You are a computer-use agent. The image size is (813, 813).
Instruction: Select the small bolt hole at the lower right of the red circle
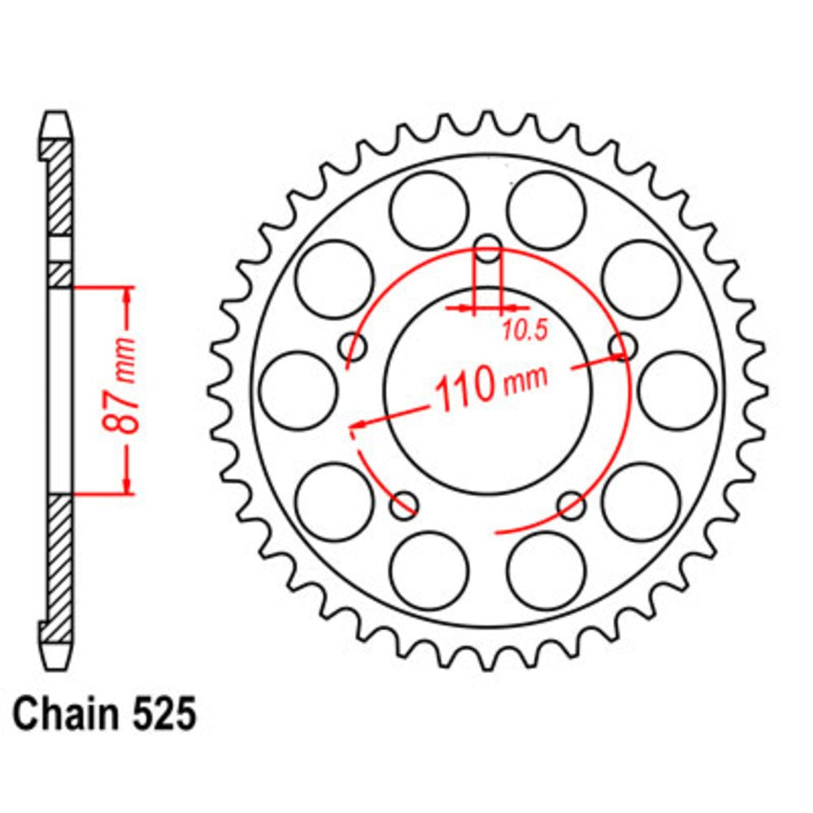[x=572, y=506]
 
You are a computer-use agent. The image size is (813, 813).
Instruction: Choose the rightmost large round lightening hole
[x=676, y=390]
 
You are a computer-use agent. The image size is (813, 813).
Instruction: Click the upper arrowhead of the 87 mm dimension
[x=127, y=294]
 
